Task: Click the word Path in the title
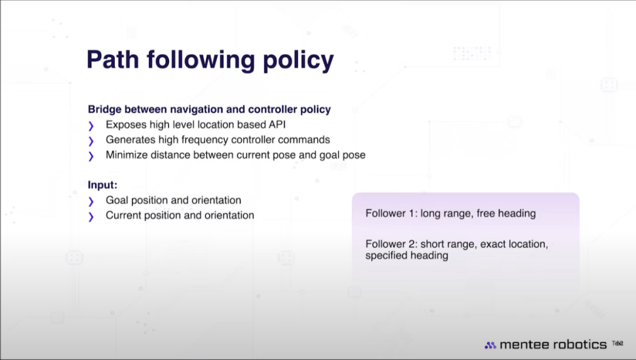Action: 112,60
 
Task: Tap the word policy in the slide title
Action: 298,61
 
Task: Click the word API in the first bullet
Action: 277,124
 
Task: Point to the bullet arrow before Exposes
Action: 91,126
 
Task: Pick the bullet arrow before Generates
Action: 91,141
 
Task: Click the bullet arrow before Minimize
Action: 91,156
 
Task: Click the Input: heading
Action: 102,185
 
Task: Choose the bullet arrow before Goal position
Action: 91,202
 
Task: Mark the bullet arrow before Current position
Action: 91,217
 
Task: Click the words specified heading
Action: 407,256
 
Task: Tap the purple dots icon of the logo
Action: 491,345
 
